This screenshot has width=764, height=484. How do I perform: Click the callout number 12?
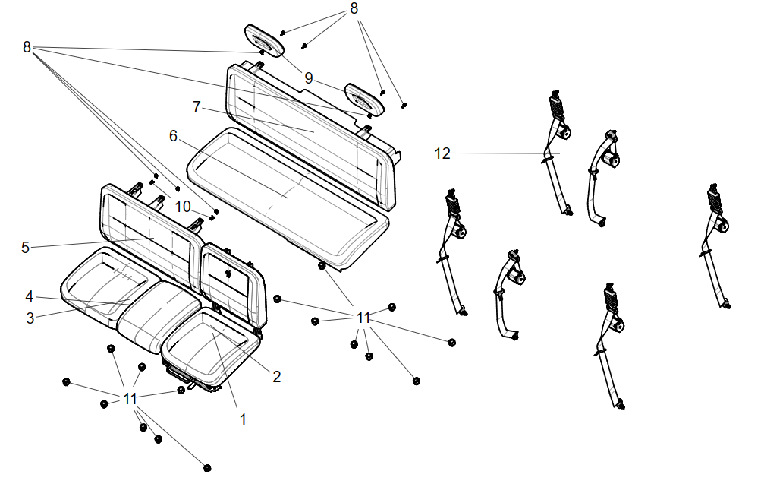pyautogui.click(x=442, y=153)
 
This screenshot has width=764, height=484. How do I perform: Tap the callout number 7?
pyautogui.click(x=197, y=107)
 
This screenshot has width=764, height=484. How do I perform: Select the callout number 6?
pyautogui.click(x=173, y=136)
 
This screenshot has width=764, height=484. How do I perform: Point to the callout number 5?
pyautogui.click(x=25, y=247)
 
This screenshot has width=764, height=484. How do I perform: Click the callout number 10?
pyautogui.click(x=183, y=207)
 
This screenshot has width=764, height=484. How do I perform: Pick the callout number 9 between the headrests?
pyautogui.click(x=309, y=78)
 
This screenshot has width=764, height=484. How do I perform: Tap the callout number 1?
pyautogui.click(x=243, y=418)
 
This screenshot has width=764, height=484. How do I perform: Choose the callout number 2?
pyautogui.click(x=277, y=376)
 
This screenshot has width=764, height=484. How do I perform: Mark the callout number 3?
pyautogui.click(x=30, y=318)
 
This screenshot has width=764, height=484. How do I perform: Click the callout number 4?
pyautogui.click(x=29, y=296)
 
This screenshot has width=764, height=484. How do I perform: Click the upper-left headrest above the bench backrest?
pyautogui.click(x=263, y=40)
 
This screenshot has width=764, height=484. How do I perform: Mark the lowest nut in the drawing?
pyautogui.click(x=206, y=467)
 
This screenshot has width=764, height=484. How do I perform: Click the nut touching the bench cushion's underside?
pyautogui.click(x=322, y=266)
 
